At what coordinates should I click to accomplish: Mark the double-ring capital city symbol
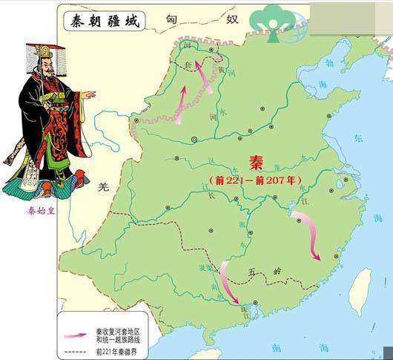(x=194, y=139)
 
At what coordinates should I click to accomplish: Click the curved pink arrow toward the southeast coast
(x=308, y=234)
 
